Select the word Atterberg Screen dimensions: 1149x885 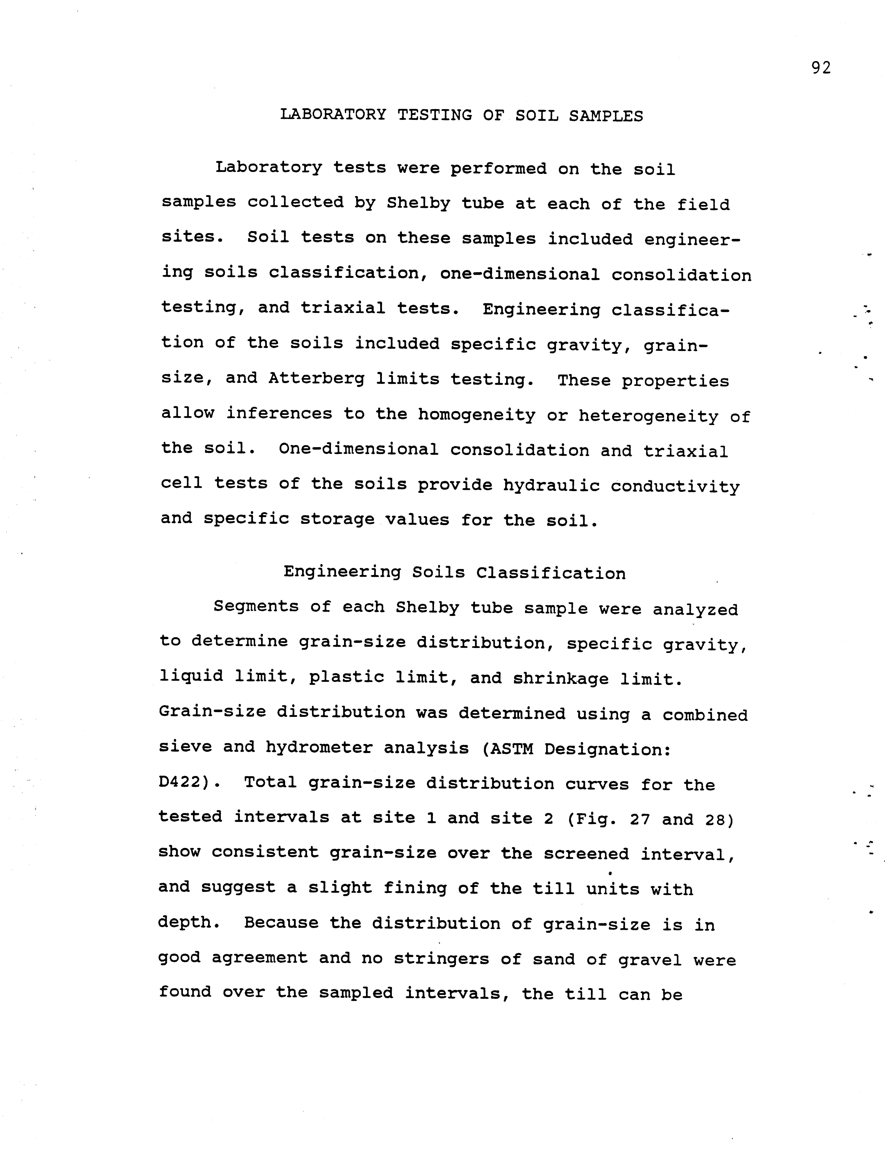click(x=316, y=379)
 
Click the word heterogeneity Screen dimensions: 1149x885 click(x=648, y=416)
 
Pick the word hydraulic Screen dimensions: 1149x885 click(x=551, y=485)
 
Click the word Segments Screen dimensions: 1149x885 click(x=256, y=607)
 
